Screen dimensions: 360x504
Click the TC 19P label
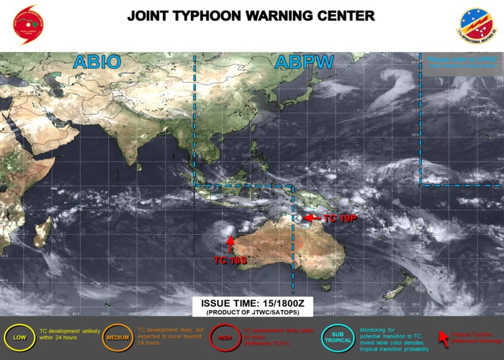341,217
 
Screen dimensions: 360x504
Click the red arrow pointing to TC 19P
311,217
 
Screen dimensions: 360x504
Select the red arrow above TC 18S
230,243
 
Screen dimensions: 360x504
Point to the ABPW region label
304,63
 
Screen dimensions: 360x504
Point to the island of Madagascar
43,232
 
